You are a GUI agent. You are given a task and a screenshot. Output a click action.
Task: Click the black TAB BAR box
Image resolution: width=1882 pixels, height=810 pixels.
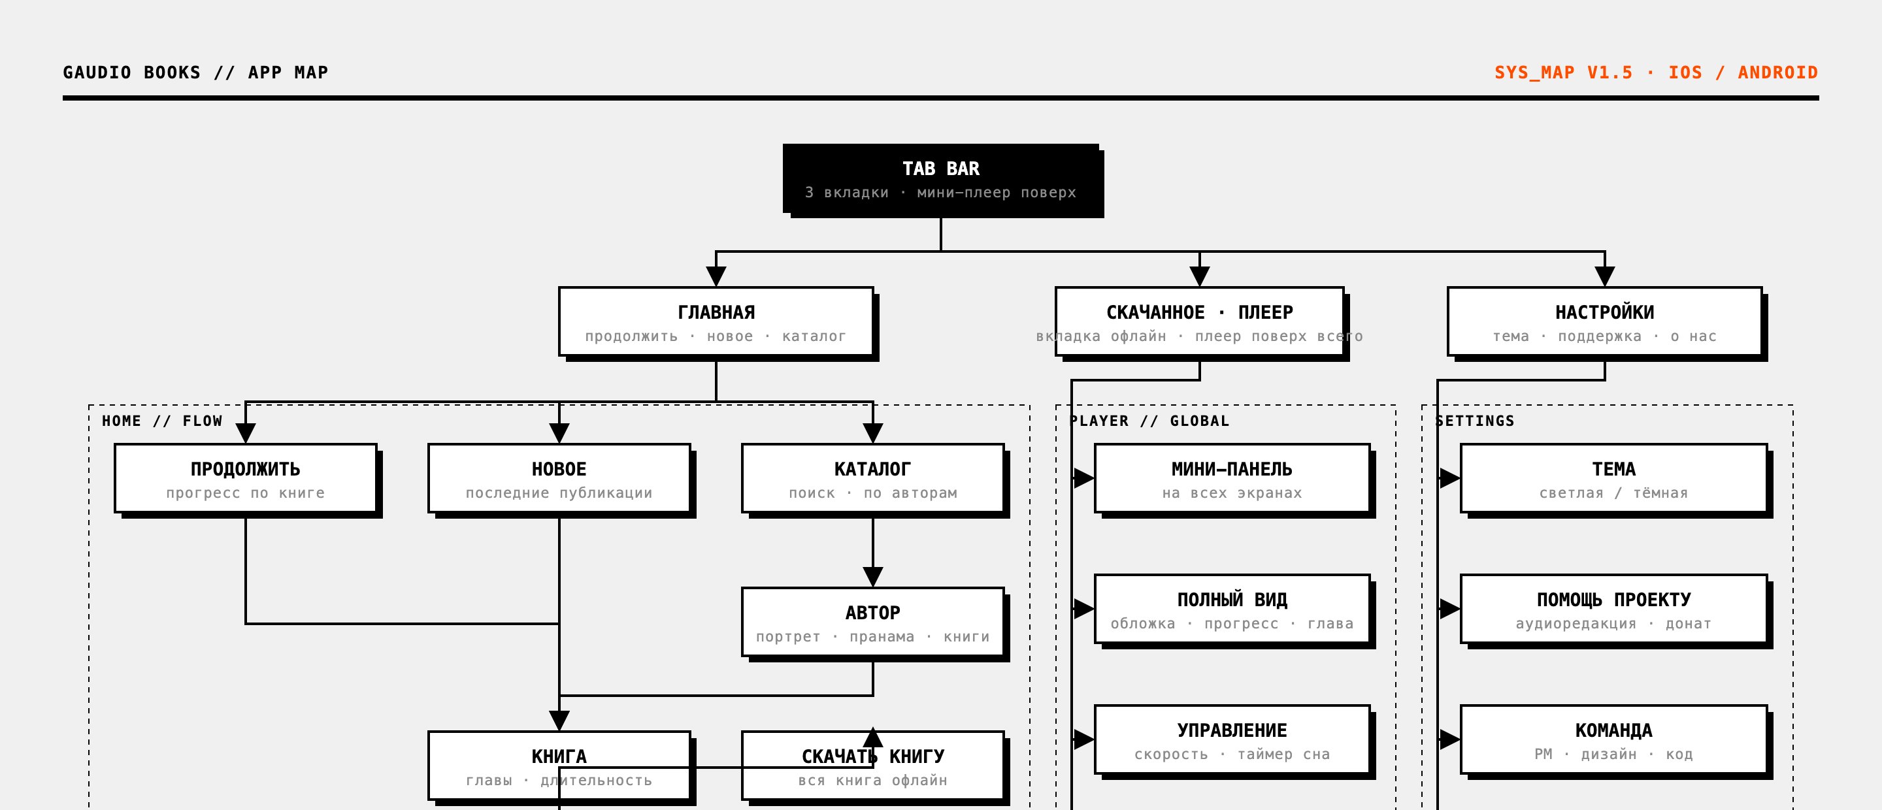(x=941, y=179)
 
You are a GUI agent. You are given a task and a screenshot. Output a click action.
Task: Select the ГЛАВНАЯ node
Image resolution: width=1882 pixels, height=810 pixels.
(x=716, y=321)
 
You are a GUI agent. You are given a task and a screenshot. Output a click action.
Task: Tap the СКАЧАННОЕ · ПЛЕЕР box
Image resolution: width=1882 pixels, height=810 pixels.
(x=1200, y=321)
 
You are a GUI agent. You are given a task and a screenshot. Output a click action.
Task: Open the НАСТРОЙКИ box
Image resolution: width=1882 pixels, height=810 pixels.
(x=1605, y=321)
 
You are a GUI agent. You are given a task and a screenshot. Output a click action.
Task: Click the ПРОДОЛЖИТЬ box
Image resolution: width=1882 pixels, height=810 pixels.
(x=246, y=478)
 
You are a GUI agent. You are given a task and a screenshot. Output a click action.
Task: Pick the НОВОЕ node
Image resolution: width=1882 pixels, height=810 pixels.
(x=559, y=478)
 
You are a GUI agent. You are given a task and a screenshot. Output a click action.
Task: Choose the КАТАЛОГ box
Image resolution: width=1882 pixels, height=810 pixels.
(x=873, y=478)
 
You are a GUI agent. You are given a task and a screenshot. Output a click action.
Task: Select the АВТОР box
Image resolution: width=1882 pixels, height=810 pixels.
(x=873, y=623)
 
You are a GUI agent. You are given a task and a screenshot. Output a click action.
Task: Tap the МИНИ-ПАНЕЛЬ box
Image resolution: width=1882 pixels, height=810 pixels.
(x=1232, y=478)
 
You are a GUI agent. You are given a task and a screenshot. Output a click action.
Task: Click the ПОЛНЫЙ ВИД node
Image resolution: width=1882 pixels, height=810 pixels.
(x=1232, y=609)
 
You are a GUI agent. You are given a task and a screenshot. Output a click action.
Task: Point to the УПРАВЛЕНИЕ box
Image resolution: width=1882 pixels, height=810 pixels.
(x=1232, y=740)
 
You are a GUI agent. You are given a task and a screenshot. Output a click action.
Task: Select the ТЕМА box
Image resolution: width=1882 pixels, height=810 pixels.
(x=1614, y=478)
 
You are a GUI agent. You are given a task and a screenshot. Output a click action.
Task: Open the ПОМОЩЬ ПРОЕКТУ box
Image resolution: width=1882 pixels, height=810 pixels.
(x=1614, y=609)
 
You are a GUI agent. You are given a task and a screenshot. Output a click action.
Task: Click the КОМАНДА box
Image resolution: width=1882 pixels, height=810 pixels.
(x=1614, y=740)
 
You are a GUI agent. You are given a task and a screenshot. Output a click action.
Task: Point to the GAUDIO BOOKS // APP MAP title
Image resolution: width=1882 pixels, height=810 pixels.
(x=196, y=73)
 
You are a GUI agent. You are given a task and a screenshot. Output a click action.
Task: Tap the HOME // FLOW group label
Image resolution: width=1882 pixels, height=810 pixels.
(x=162, y=421)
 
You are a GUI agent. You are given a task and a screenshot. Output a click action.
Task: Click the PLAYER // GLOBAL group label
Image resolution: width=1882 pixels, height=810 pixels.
(x=1149, y=421)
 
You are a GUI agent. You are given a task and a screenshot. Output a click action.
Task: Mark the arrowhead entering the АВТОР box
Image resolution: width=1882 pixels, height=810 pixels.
(x=873, y=577)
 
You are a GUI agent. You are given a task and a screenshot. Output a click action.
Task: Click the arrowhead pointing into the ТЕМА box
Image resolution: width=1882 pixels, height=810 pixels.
(x=1450, y=478)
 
